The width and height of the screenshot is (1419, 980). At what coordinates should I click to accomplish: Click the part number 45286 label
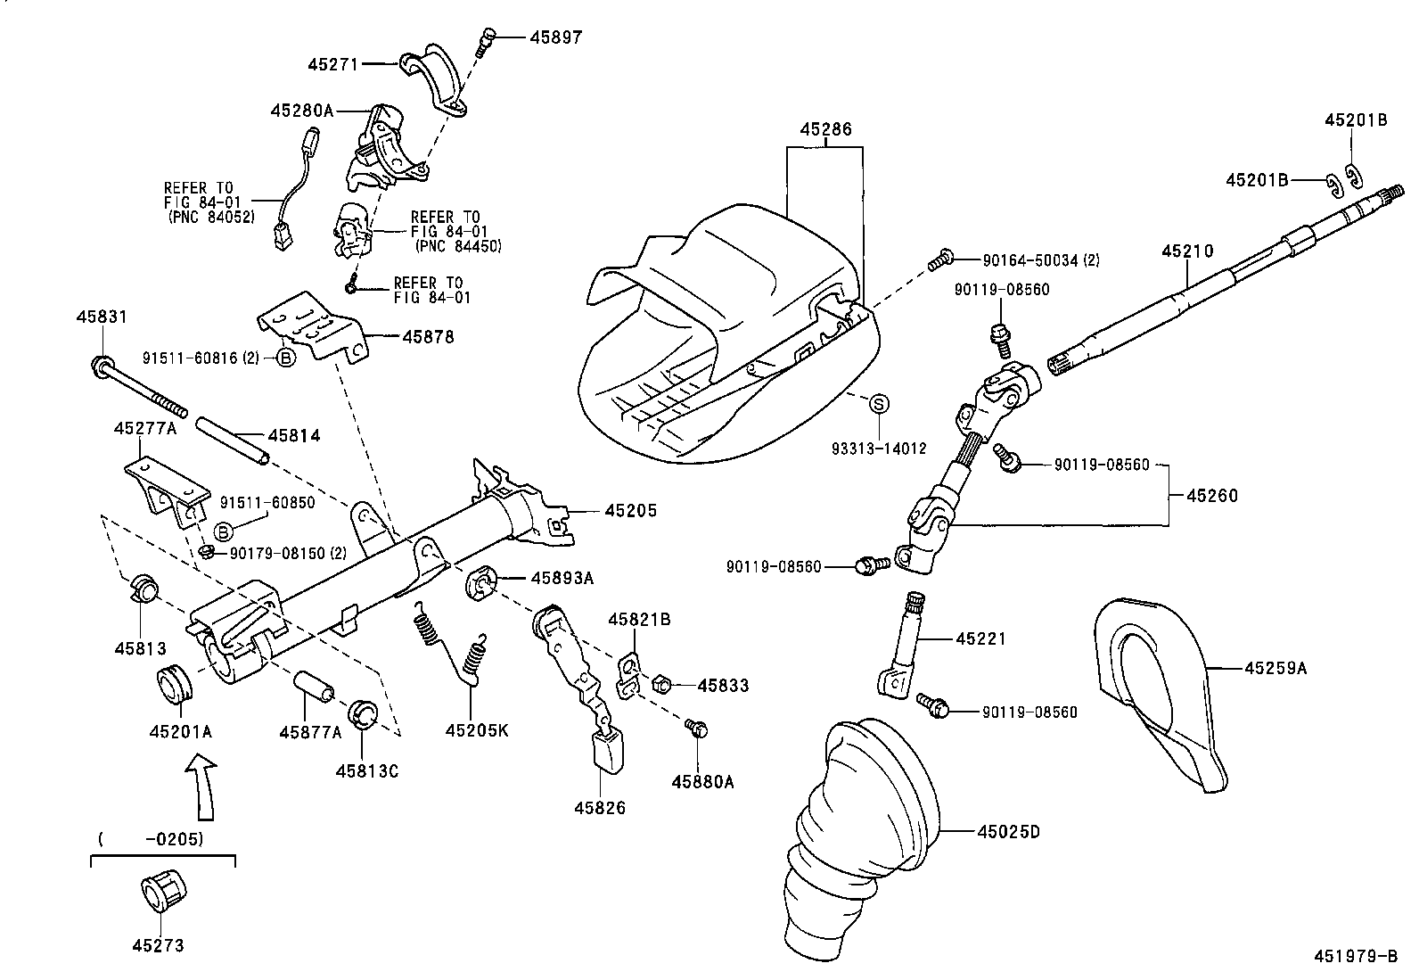[x=824, y=129]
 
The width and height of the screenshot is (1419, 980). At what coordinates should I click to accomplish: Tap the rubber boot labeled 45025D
[x=856, y=829]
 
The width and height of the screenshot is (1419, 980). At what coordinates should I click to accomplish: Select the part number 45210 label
[x=1186, y=251]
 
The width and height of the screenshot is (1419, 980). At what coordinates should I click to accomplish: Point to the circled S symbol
[x=879, y=404]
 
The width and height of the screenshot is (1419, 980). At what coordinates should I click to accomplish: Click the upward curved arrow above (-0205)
[x=204, y=785]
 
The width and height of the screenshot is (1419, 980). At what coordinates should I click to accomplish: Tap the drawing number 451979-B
[x=1354, y=957]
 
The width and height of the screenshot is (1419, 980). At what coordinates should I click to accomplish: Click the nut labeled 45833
[x=662, y=685]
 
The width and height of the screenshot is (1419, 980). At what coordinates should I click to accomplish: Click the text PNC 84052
[x=211, y=216]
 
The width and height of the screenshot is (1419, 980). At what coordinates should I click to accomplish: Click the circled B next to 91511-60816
[x=285, y=358]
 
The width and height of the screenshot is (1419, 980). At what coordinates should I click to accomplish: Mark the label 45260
[x=1211, y=495]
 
